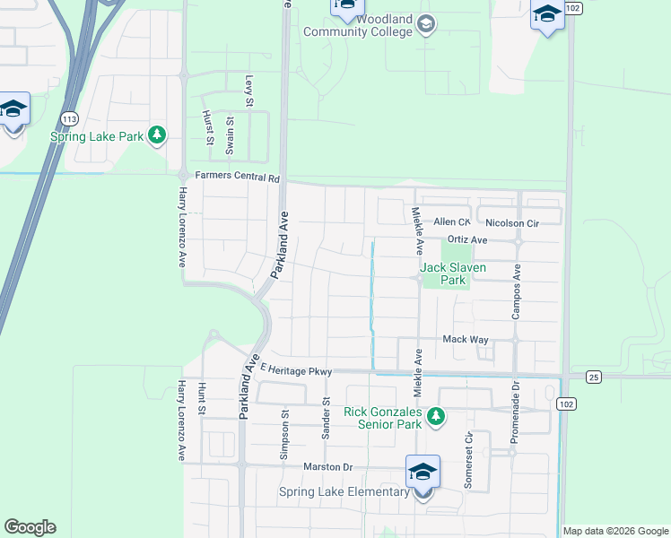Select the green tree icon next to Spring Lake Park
158,135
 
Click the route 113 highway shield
69,118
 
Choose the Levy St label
250,89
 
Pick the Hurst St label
209,127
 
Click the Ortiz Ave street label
466,240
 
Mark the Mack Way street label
465,340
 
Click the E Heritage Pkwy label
296,369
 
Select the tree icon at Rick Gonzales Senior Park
436,416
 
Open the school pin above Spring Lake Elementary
423,471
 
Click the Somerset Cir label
468,459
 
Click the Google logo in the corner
30,527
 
